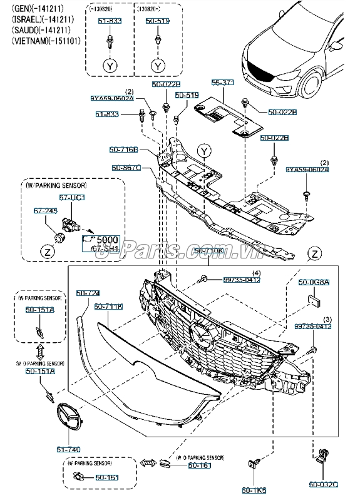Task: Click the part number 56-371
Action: tap(222, 82)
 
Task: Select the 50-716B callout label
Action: tap(125, 150)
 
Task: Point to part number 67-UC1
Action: tap(72, 197)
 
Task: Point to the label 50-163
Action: tap(107, 477)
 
